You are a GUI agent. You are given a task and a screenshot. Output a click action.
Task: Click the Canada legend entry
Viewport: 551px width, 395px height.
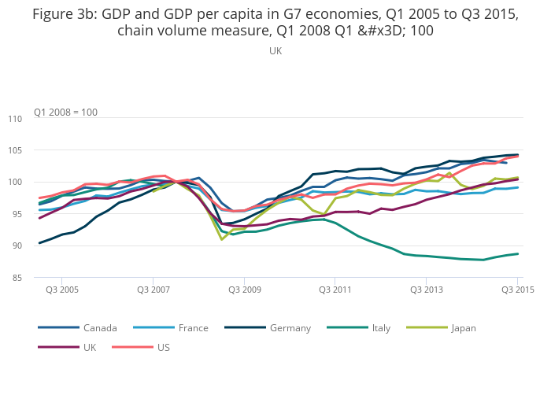[x=100, y=328]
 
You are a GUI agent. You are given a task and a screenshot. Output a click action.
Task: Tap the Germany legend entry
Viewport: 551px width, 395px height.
[x=290, y=328]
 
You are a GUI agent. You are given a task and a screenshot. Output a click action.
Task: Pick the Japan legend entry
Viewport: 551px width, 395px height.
[x=463, y=328]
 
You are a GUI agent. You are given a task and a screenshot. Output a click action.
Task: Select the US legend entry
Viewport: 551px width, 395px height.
[x=164, y=347]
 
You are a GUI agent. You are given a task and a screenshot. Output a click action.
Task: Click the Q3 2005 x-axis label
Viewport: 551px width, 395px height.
[x=61, y=290]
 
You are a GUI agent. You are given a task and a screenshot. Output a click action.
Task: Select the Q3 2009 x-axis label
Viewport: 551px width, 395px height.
[x=245, y=290]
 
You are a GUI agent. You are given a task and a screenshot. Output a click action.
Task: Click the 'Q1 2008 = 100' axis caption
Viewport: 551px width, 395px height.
[x=65, y=112]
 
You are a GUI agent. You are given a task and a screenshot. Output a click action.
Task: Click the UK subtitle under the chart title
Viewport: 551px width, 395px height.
[x=275, y=51]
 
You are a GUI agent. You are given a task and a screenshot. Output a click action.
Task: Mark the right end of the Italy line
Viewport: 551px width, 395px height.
[x=518, y=253]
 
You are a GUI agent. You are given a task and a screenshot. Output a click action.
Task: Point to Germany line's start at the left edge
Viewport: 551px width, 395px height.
[x=39, y=243]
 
